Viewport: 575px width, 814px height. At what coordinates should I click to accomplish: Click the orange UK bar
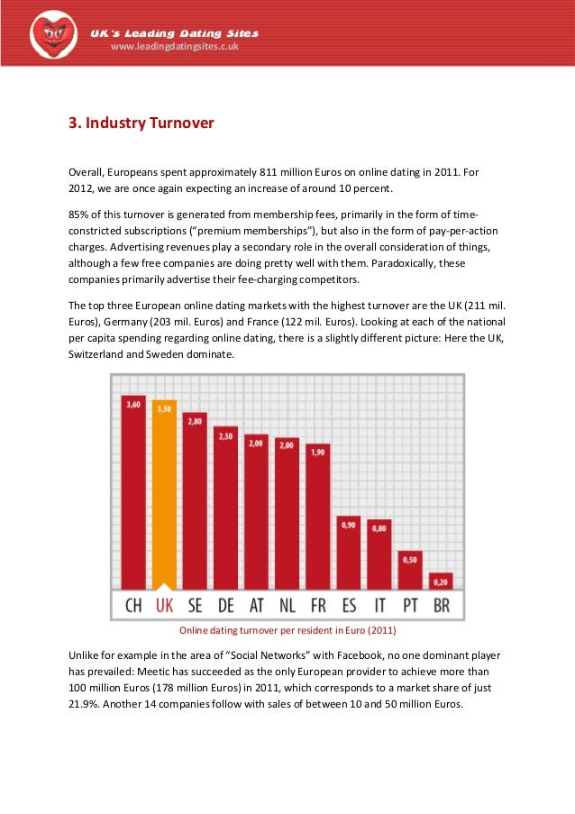(x=164, y=493)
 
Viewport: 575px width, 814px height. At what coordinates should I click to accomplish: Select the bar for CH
(x=133, y=491)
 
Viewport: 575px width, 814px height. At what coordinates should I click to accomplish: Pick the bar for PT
(x=410, y=569)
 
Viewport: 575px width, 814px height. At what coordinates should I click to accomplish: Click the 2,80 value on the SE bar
(x=195, y=421)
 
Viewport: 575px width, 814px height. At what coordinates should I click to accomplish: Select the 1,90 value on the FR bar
(x=318, y=452)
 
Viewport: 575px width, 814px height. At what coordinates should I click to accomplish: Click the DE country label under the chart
(x=225, y=606)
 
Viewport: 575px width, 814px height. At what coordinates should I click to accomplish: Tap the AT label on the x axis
(x=256, y=606)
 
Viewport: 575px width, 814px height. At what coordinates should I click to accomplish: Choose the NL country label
(x=287, y=606)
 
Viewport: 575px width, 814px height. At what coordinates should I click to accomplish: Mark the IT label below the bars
(x=379, y=606)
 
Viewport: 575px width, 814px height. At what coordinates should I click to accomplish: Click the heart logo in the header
(x=52, y=34)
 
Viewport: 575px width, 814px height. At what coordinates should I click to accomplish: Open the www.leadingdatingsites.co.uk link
(x=174, y=47)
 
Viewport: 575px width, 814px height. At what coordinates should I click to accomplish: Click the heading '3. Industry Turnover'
(x=141, y=122)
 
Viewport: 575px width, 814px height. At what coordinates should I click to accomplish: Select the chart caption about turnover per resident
(x=287, y=629)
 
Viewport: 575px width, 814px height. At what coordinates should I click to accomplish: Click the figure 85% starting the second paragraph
(x=79, y=214)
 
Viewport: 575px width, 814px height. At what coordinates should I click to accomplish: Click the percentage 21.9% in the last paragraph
(x=86, y=705)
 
